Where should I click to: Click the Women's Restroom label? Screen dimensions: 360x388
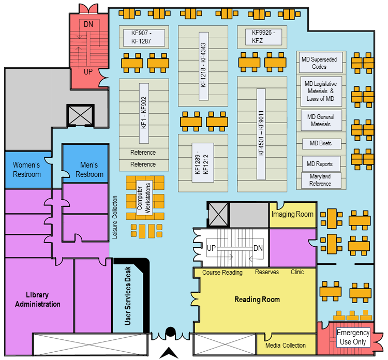click(x=27, y=170)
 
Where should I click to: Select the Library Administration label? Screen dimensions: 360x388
click(x=37, y=299)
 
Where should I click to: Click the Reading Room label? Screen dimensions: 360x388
click(x=257, y=299)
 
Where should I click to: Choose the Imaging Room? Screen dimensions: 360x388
click(x=292, y=214)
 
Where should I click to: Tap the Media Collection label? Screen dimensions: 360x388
click(x=285, y=346)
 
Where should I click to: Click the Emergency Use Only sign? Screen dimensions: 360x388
click(x=353, y=337)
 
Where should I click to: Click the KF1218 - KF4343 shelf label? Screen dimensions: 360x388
click(x=203, y=65)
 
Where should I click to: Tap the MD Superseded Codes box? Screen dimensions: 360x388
click(x=319, y=63)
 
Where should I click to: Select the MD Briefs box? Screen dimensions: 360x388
click(x=321, y=143)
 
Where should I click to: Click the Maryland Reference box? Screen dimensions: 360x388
click(x=320, y=180)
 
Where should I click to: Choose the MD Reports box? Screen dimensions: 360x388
click(x=320, y=164)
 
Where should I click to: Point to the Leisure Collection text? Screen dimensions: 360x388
click(x=115, y=217)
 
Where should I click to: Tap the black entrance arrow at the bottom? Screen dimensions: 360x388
click(x=170, y=353)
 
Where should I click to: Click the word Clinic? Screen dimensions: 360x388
click(x=297, y=272)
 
